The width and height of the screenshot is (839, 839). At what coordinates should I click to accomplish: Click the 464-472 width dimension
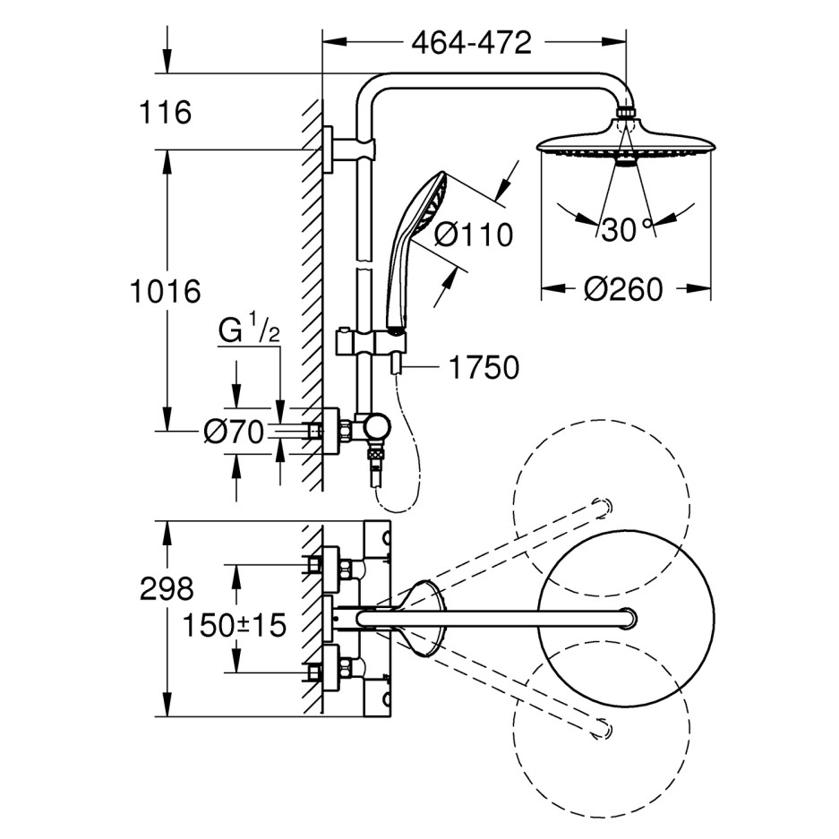[x=471, y=42]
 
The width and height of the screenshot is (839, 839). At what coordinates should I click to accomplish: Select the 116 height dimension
[x=166, y=113]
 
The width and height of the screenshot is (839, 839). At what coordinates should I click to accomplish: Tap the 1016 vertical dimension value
[x=165, y=291]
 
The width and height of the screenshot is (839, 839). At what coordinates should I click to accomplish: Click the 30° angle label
[x=625, y=230]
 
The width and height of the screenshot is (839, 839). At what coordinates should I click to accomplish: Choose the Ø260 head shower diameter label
[x=623, y=289]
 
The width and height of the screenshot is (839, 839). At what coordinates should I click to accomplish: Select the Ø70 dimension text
[x=233, y=433]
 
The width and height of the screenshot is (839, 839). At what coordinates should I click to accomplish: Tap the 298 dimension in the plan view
[x=167, y=588]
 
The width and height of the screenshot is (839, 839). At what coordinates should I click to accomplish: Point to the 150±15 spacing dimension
[x=235, y=625]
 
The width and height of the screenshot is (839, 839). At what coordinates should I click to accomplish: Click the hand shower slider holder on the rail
[x=372, y=341]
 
